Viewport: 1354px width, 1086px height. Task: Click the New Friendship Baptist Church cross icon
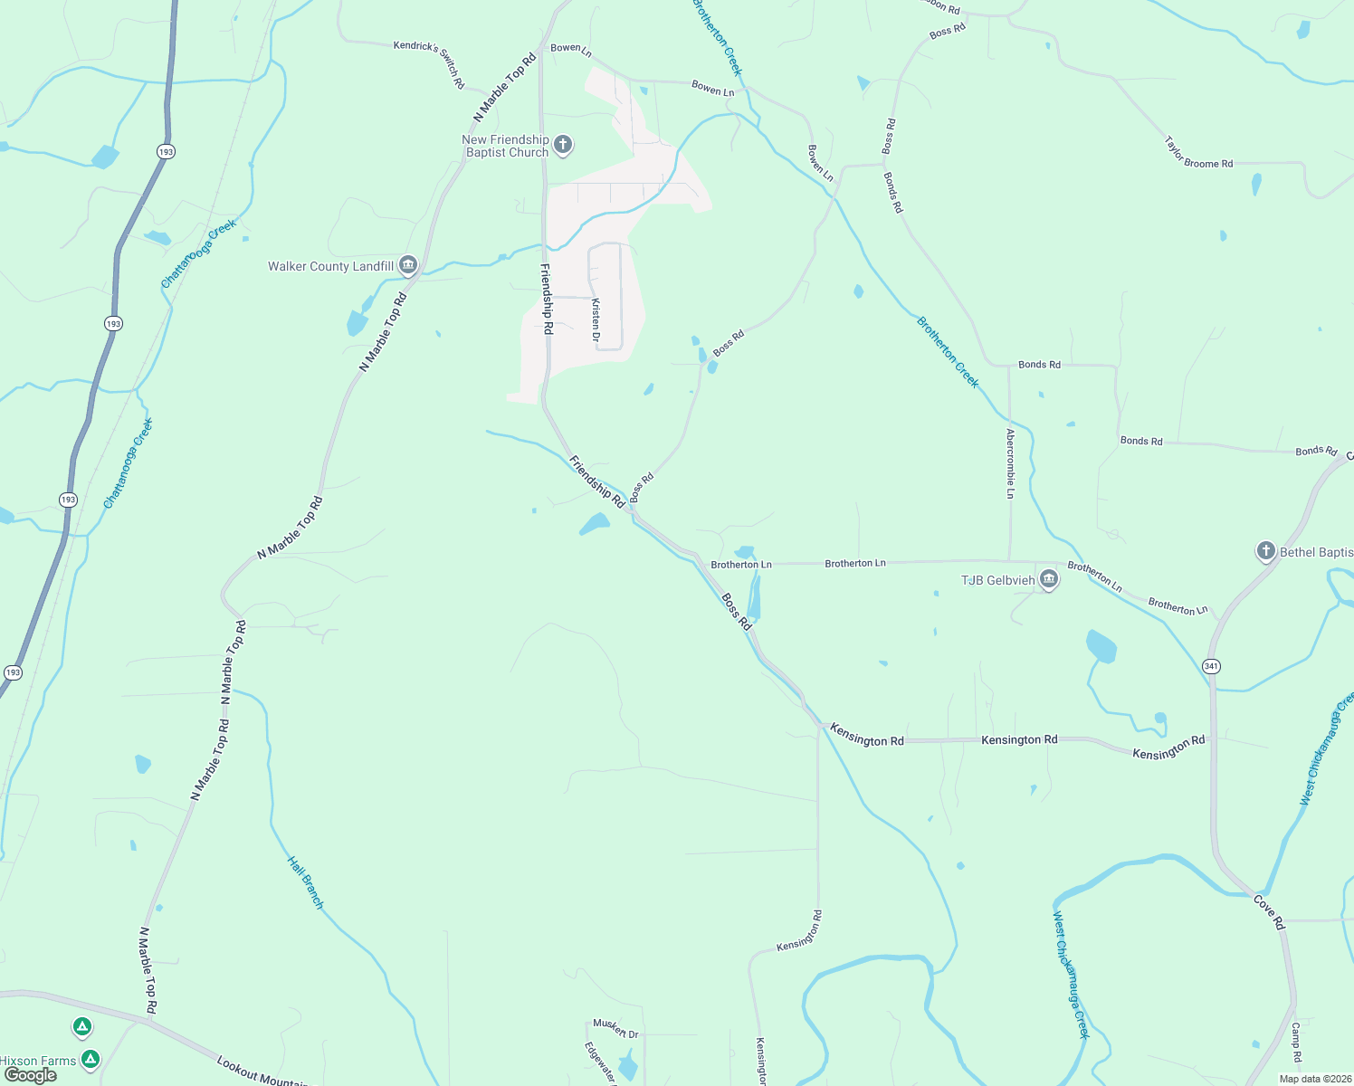563,145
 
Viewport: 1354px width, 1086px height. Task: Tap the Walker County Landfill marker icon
407,265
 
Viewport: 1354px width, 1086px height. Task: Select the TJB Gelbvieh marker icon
1049,580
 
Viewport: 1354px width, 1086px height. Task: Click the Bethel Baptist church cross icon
1266,551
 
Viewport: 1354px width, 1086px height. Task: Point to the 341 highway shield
1212,666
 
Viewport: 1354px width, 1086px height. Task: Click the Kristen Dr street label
596,320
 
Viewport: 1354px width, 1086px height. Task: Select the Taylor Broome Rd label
1198,153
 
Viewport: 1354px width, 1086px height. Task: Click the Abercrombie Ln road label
1010,463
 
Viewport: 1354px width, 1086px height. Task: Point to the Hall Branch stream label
306,882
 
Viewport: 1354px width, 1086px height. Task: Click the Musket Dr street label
615,1028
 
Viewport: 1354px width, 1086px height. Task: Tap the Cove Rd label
1269,911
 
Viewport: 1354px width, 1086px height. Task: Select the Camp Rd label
1296,1043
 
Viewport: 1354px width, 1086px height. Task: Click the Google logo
30,1075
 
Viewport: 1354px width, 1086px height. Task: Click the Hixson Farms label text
38,1061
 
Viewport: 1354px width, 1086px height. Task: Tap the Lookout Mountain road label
262,1072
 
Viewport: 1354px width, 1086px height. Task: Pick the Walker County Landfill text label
330,266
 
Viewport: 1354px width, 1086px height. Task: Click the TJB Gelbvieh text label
997,580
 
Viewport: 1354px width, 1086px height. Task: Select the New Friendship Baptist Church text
506,146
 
